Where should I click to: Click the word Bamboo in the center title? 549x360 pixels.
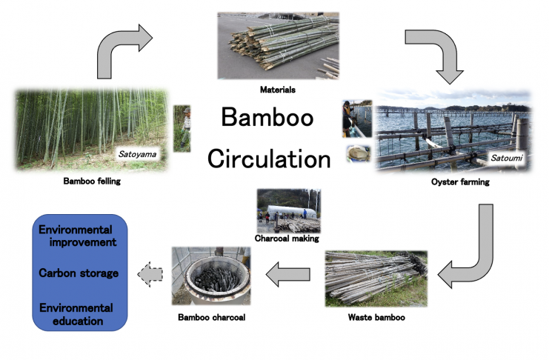click(267, 117)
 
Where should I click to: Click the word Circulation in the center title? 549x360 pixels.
click(269, 159)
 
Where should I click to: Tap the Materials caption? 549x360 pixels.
click(278, 90)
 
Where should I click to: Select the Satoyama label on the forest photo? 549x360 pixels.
click(137, 154)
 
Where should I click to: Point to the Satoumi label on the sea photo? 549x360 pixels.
click(506, 159)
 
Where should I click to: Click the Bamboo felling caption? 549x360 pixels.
click(92, 181)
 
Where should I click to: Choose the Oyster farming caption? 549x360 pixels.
click(460, 182)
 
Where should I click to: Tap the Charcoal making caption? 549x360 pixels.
click(287, 239)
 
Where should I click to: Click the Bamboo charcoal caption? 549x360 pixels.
click(212, 317)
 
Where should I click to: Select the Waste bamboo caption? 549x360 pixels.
click(376, 317)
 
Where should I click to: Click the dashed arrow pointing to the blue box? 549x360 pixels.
click(150, 274)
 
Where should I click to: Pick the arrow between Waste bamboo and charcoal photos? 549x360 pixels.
click(288, 274)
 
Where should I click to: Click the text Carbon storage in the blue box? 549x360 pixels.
click(79, 273)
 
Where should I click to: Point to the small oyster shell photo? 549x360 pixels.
click(358, 154)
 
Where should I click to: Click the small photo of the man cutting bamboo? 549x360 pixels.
click(182, 129)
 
